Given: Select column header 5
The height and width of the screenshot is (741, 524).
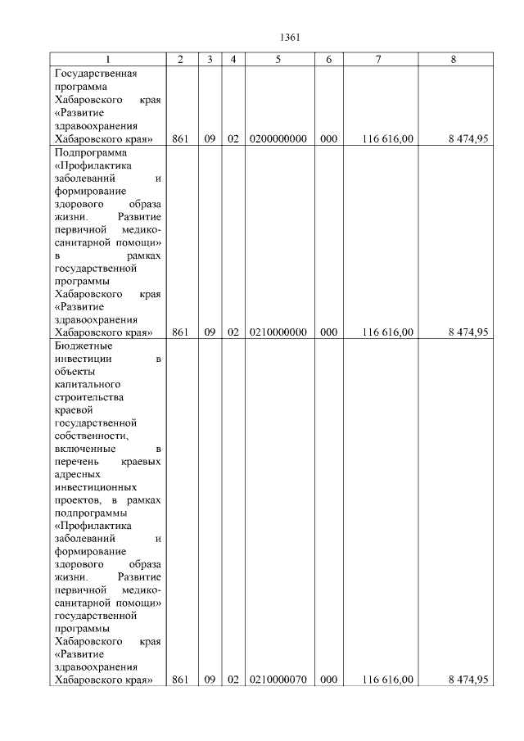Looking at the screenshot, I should (x=278, y=60).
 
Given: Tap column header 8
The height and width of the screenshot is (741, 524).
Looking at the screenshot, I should (x=453, y=60).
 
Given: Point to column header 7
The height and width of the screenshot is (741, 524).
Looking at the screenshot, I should (x=378, y=60).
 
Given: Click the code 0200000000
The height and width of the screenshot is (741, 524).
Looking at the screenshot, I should (x=278, y=139).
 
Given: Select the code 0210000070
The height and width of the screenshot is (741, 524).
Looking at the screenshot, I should (x=278, y=680).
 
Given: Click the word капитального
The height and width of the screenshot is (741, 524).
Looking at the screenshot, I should (x=87, y=385).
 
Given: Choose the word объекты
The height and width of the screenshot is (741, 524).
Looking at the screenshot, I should (x=75, y=372).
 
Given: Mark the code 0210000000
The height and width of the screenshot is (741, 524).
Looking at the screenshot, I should (x=278, y=332).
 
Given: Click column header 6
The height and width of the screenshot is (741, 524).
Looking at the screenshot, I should (x=328, y=60).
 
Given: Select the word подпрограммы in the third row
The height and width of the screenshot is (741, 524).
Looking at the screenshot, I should (x=88, y=513).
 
